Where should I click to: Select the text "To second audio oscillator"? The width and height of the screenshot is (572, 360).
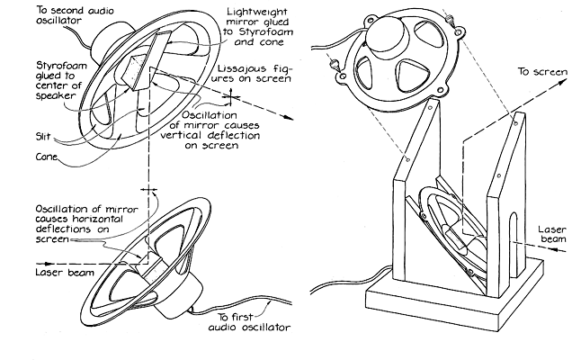click(46, 17)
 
